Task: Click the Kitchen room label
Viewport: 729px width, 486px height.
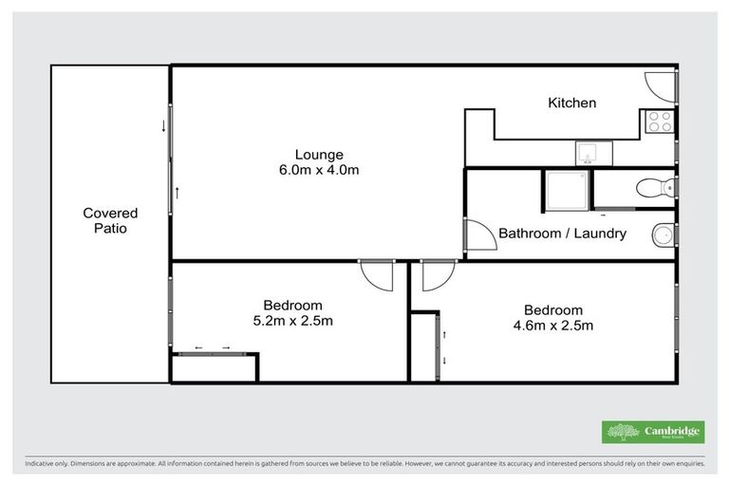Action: coord(572,103)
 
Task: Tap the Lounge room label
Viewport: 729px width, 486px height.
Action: coord(319,155)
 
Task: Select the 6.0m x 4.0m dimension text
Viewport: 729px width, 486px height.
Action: coord(319,170)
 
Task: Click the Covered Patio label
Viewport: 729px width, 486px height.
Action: coord(110,221)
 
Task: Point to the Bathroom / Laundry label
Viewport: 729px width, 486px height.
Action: coord(562,233)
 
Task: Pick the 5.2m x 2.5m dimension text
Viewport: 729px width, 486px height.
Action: coord(292,320)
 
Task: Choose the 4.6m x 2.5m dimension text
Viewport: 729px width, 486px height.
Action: coord(552,326)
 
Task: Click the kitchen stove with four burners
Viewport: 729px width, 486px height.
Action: coord(659,121)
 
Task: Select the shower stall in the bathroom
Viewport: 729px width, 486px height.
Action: coord(567,189)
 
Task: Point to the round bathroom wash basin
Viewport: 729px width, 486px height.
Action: coord(663,234)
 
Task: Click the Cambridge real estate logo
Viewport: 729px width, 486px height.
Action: coord(653,432)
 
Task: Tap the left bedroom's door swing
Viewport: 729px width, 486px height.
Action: coord(377,276)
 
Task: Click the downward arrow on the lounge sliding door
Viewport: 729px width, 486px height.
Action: coord(163,125)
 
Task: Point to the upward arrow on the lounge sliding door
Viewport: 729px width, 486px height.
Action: coord(178,194)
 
